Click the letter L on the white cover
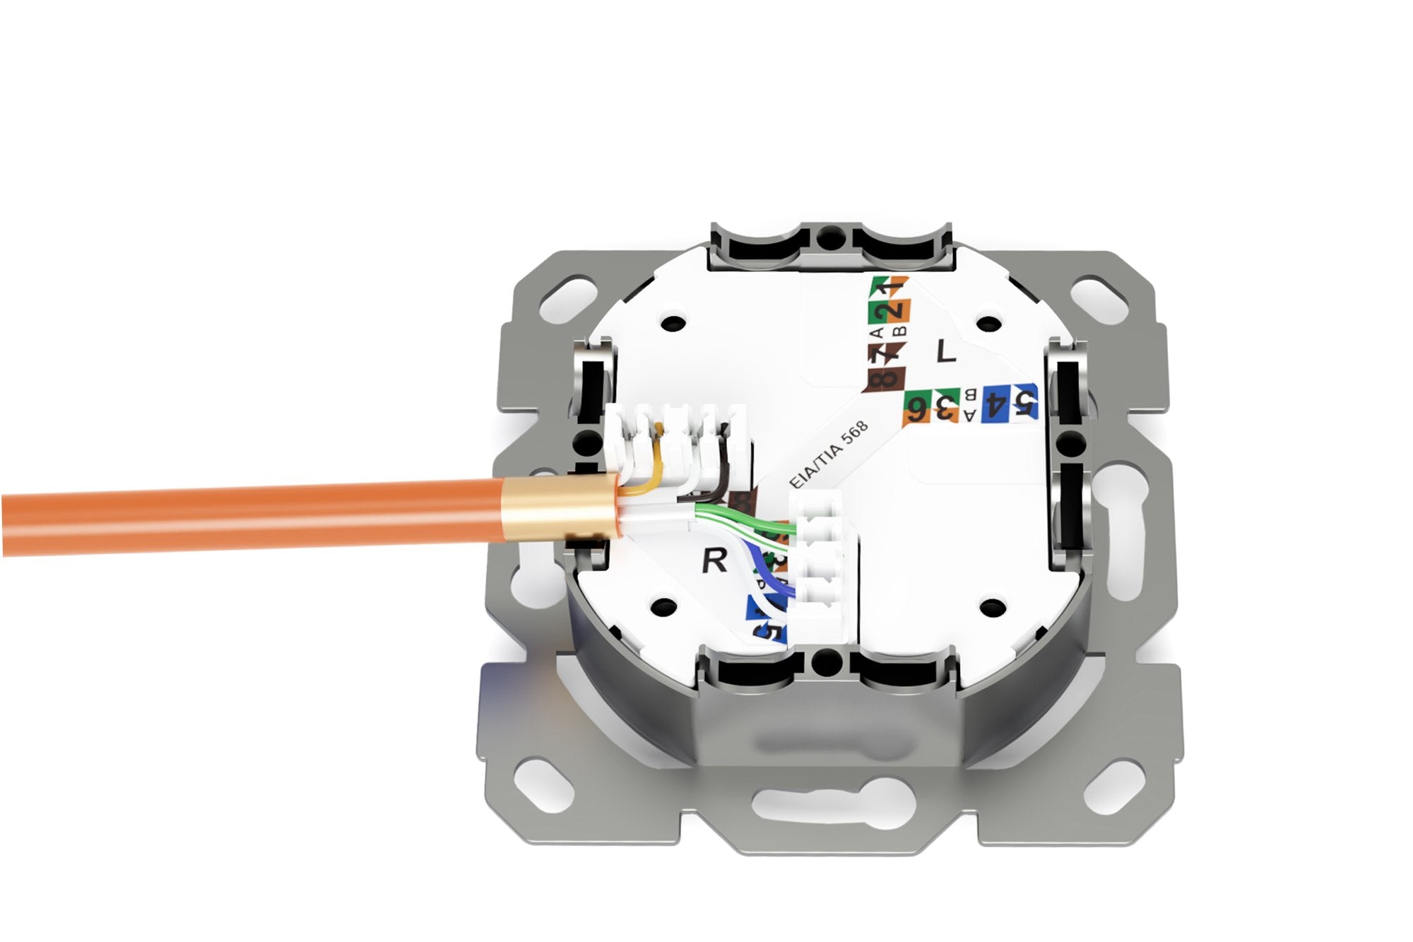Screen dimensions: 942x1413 (945, 351)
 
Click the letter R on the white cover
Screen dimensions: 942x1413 (714, 561)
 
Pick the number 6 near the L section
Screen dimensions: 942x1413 (917, 408)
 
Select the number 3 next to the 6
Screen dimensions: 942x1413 (942, 408)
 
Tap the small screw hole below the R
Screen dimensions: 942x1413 (663, 606)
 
